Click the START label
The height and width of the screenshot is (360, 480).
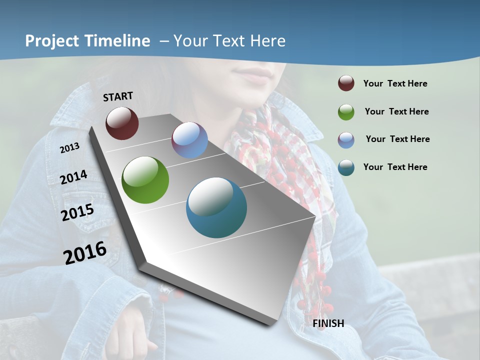[118, 96]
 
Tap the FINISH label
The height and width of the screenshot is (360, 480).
[328, 323]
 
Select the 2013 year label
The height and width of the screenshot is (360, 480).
[69, 148]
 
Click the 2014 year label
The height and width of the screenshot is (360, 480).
[74, 177]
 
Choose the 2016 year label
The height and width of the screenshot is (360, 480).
[85, 252]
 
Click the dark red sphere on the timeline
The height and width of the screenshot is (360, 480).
[122, 123]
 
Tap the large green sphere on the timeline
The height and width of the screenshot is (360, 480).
[145, 180]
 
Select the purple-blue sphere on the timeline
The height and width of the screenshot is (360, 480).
[189, 140]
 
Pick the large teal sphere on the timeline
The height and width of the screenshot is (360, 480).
[216, 207]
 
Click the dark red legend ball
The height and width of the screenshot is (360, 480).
[346, 83]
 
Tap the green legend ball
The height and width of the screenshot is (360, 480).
[346, 112]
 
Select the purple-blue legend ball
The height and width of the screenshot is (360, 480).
[346, 139]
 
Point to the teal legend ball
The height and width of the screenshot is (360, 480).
[346, 167]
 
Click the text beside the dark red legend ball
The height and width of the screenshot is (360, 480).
[395, 83]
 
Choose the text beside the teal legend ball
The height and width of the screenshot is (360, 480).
[395, 167]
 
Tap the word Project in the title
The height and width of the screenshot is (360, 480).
[52, 41]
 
